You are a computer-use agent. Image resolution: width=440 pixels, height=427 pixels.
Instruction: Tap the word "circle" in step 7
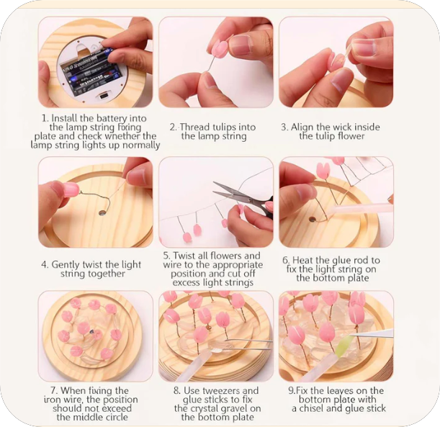click(x=116, y=417)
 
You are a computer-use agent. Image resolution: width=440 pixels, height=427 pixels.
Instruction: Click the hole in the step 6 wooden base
click(x=312, y=219)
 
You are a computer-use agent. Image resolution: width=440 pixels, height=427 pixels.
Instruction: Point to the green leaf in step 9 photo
click(x=343, y=347)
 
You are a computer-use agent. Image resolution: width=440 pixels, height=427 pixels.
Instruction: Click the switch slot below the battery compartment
click(x=103, y=96)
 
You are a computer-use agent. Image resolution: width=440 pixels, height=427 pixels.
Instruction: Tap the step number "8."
click(x=176, y=391)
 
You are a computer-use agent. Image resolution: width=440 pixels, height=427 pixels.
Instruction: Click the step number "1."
click(x=45, y=118)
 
